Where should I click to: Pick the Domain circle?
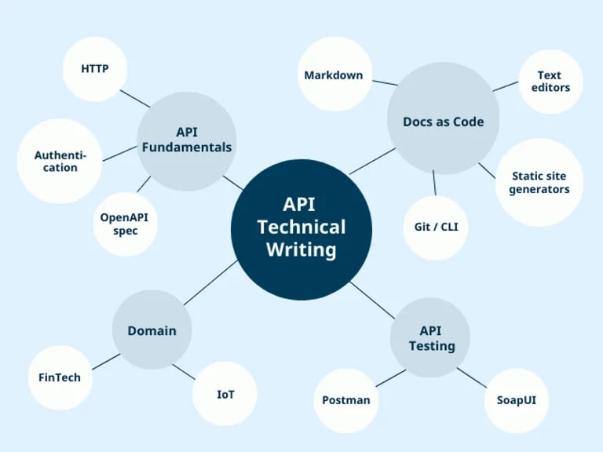(x=152, y=330)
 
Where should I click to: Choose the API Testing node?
(x=430, y=338)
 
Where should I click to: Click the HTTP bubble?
(x=94, y=69)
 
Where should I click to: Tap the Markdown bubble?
(x=334, y=75)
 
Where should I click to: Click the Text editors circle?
(x=550, y=82)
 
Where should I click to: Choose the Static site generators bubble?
(x=539, y=183)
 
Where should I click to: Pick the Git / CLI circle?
(x=436, y=228)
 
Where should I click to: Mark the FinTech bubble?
(x=60, y=377)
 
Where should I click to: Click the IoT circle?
(x=225, y=393)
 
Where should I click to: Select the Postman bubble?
(x=346, y=400)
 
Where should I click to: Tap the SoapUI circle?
(x=522, y=400)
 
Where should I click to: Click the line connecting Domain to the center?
(x=210, y=282)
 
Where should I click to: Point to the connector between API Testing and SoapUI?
(x=472, y=377)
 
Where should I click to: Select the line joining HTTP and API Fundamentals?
(x=136, y=98)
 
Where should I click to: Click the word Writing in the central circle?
(x=301, y=250)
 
